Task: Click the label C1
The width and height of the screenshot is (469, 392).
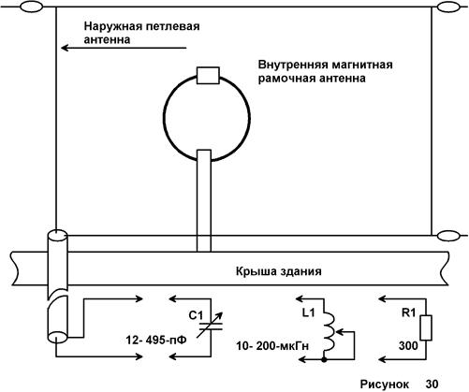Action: coord(196,315)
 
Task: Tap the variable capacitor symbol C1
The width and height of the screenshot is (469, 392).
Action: coord(211,327)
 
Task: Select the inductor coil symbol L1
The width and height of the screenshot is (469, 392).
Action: coord(329,332)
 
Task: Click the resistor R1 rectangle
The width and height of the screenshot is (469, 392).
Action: coord(426,327)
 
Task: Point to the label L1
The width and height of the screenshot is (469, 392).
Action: coord(308,312)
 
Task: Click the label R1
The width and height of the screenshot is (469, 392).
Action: coord(408,312)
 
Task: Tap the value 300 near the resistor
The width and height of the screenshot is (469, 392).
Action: coord(408,346)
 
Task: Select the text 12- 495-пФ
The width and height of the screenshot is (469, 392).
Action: coord(156,340)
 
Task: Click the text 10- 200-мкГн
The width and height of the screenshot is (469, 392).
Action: coord(272,346)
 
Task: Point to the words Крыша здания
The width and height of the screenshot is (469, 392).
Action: coord(279,271)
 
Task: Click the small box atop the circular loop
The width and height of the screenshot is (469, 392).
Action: coord(208,76)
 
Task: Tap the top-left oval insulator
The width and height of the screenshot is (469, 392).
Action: coord(31,7)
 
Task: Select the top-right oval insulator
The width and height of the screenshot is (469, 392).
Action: coord(449,7)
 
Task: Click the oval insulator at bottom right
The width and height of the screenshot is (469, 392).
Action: coord(448,236)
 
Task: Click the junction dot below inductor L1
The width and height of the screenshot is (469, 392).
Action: coord(325,360)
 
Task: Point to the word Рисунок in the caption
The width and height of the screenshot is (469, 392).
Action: coord(385,384)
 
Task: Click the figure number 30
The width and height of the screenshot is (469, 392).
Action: coord(432,384)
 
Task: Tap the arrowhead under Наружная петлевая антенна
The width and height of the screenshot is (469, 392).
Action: coord(65,48)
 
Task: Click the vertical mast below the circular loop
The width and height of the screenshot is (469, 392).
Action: coord(204,200)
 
